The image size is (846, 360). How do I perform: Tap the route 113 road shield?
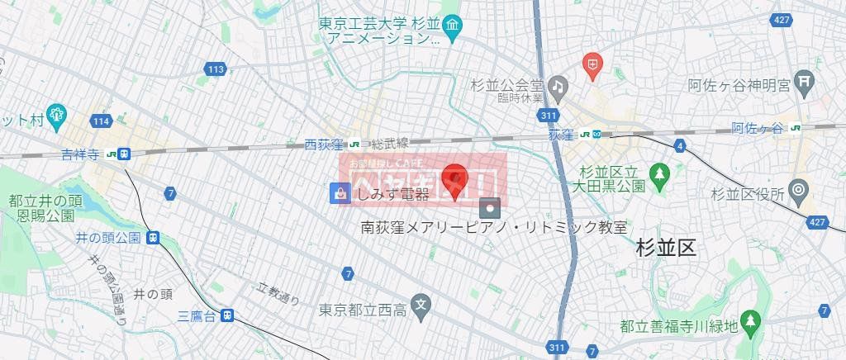click(216, 69)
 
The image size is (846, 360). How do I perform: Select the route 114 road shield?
click(101, 121)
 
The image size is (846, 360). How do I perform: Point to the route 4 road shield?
click(679, 146)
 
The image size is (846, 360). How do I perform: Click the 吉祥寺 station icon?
click(123, 154)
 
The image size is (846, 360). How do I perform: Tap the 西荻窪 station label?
click(322, 144)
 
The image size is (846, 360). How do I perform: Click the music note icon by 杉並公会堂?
click(558, 85)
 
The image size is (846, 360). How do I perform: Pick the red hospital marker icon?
click(592, 63)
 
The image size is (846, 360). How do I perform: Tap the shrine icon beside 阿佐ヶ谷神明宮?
click(805, 82)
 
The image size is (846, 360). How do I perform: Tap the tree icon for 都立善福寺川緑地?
click(749, 320)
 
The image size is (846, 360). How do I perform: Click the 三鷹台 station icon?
click(226, 315)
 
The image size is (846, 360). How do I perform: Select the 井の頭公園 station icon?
click(153, 238)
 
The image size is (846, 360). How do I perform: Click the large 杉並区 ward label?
click(667, 248)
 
